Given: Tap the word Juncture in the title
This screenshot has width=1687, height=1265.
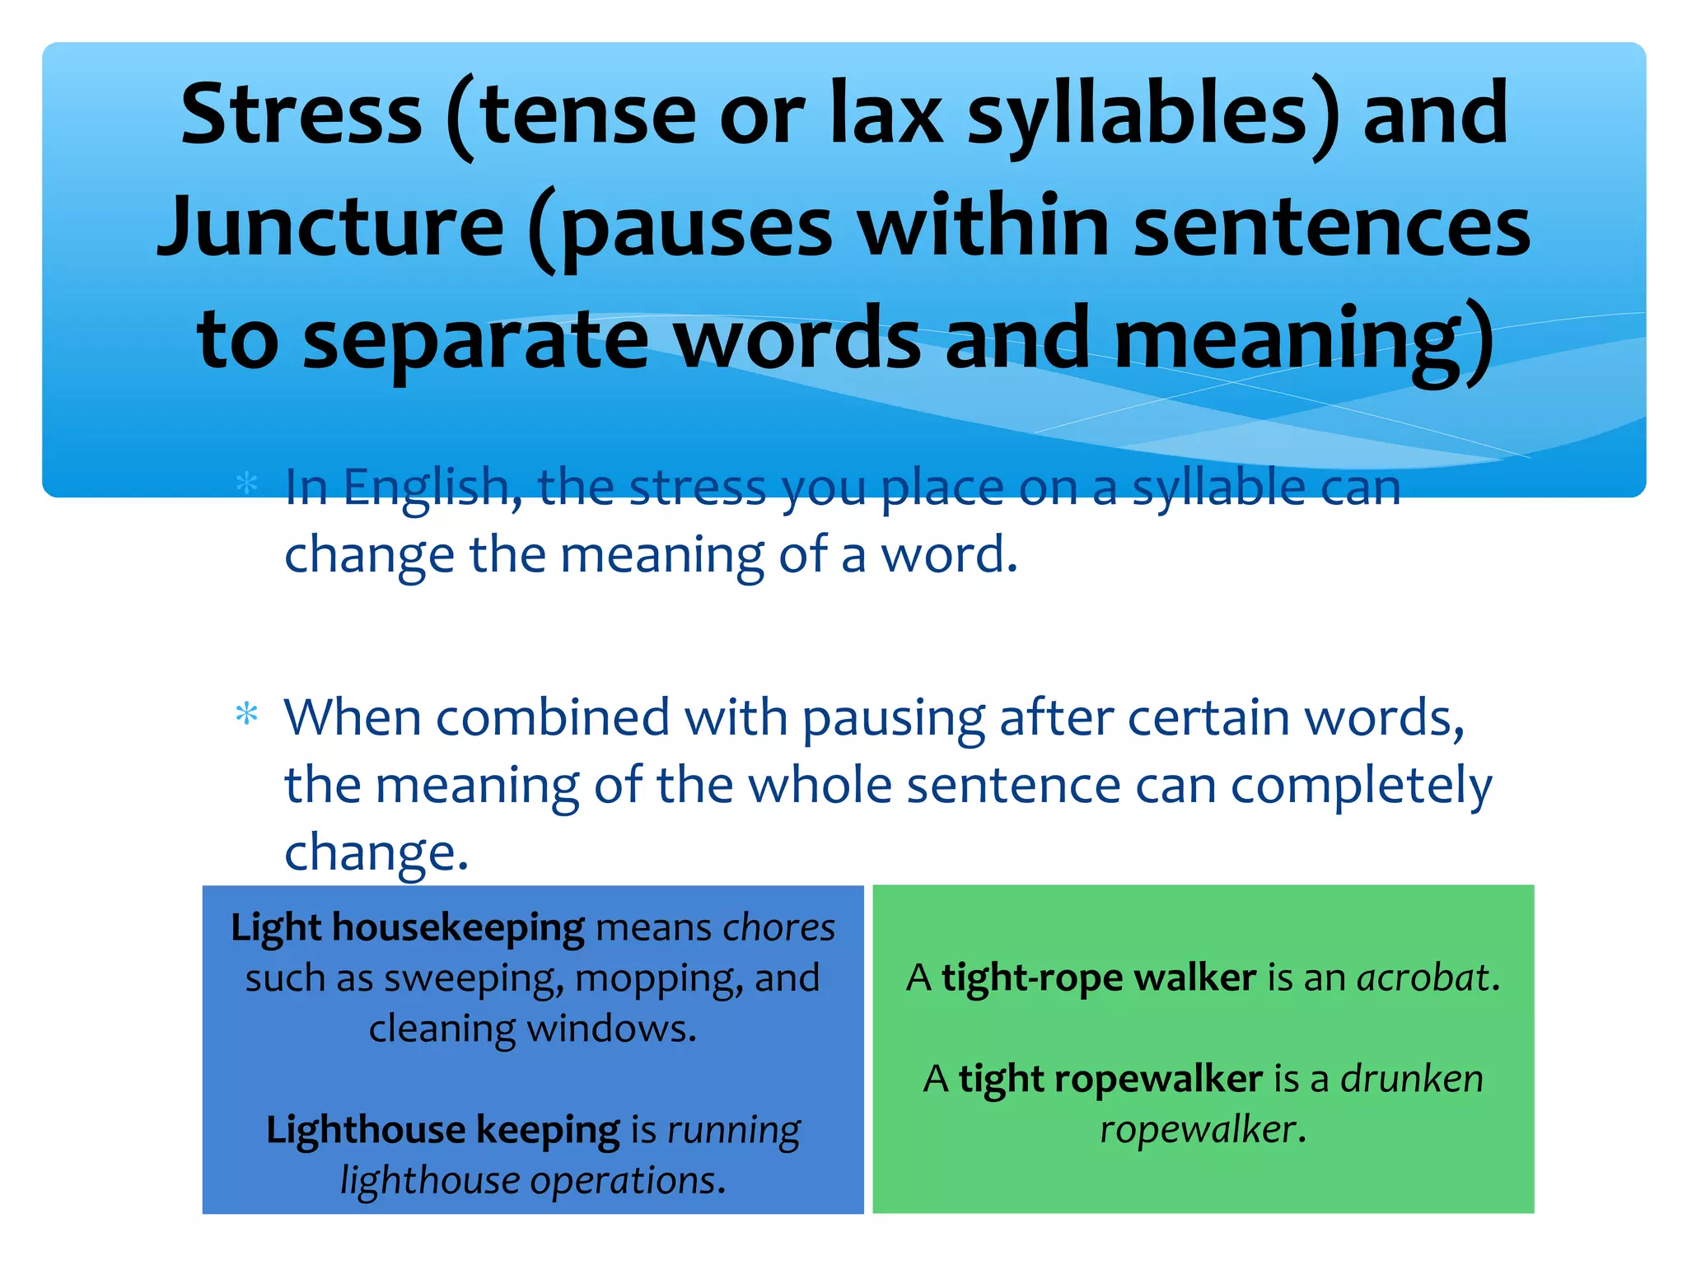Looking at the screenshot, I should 330,226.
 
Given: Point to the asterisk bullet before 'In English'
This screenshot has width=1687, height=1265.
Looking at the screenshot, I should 246,483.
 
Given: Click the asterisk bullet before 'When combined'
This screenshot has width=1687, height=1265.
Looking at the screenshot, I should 246,714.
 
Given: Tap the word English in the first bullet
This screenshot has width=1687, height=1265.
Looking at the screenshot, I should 432,488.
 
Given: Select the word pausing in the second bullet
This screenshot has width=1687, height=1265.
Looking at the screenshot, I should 893,718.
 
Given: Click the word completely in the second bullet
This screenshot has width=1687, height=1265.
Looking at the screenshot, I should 1361,786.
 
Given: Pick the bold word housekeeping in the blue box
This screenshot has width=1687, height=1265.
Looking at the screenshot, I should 458,928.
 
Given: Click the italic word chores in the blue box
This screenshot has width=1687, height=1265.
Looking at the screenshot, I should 778,928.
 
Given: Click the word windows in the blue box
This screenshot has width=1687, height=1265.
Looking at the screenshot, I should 611,1029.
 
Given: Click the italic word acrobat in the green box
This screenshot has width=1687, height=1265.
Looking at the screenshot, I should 1423,978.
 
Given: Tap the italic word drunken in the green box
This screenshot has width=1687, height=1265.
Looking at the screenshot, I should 1412,1079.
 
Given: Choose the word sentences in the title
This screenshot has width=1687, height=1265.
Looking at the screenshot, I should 1332,226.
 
